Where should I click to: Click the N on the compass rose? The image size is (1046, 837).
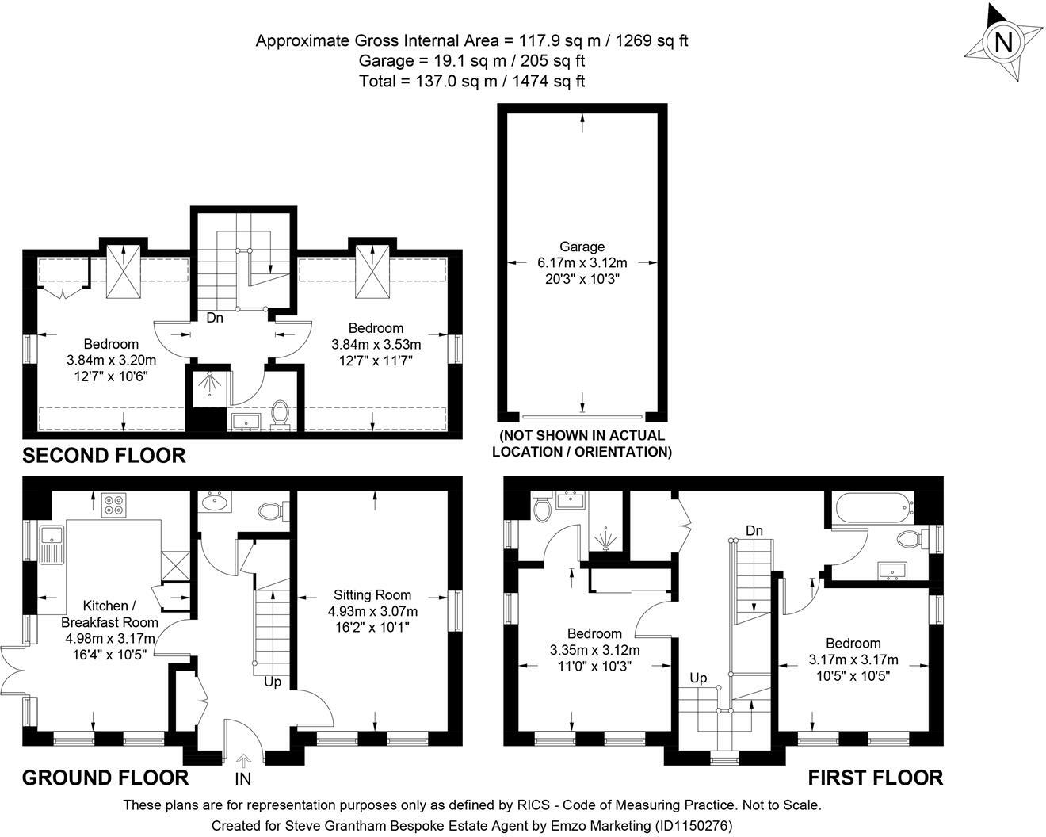coord(1002,43)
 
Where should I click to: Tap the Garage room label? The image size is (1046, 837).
coord(582,247)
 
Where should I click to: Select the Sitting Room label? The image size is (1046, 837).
coord(372,594)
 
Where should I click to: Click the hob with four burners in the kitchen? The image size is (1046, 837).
coord(114,505)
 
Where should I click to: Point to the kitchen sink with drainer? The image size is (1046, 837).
coord(52,545)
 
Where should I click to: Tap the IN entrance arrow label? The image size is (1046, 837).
coord(243,779)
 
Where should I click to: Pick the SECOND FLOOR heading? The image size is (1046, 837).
coord(104,456)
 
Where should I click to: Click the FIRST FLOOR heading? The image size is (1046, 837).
coord(876,778)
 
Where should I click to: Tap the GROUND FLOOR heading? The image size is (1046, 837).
coord(105,778)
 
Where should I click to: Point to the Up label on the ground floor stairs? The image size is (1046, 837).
coord(273,682)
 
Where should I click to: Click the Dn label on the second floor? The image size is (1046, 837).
coord(215,318)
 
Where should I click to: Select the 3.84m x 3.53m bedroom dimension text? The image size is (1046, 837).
coord(376,344)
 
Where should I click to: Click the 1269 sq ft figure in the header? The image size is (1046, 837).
coord(652,40)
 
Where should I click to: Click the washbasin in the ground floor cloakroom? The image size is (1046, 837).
coord(215,502)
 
